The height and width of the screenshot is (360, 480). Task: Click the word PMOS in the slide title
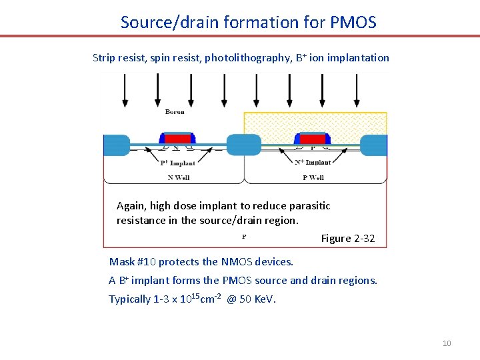click(353, 22)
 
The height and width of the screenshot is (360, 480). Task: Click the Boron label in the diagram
click(175, 112)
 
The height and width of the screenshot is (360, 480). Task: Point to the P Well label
click(313, 177)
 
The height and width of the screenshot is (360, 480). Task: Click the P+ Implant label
click(178, 163)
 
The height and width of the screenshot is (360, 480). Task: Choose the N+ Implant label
click(313, 162)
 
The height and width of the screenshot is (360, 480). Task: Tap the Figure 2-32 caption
click(348, 238)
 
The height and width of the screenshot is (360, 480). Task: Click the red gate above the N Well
click(177, 139)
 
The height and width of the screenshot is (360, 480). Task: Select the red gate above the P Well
click(313, 139)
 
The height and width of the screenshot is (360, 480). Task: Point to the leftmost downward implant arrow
click(125, 89)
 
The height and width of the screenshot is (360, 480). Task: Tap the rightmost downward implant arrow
click(357, 89)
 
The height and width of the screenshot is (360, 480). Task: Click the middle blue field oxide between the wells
click(244, 145)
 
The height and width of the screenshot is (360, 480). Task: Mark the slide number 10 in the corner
click(447, 343)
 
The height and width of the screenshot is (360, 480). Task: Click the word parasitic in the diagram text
click(309, 205)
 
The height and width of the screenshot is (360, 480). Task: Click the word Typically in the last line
click(129, 299)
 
